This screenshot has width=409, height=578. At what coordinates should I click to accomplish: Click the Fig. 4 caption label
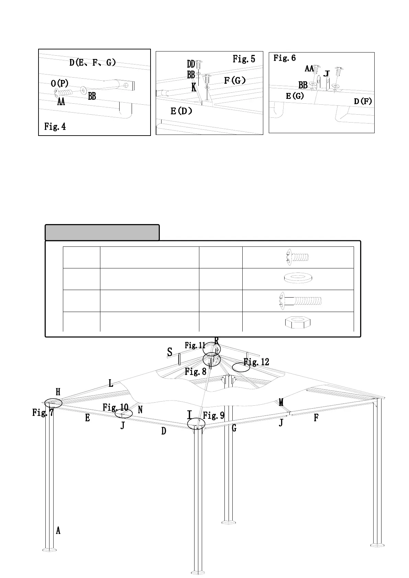pyautogui.click(x=55, y=127)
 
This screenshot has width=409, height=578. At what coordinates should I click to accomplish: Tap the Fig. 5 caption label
pyautogui.click(x=244, y=59)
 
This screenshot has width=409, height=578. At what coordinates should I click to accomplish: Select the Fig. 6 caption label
pyautogui.click(x=284, y=58)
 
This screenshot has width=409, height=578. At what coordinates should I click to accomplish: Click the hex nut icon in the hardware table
pyautogui.click(x=298, y=322)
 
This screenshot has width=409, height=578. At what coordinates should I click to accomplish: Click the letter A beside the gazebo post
pyautogui.click(x=58, y=531)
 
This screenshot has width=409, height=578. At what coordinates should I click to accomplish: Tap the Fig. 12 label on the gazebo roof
pyautogui.click(x=256, y=362)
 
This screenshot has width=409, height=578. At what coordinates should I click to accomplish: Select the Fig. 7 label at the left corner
pyautogui.click(x=43, y=412)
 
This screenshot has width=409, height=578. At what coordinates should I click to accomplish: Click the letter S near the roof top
pyautogui.click(x=169, y=352)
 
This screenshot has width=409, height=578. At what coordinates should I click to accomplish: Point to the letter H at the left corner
pyautogui.click(x=58, y=392)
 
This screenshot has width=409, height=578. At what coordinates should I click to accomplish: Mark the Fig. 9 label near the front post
pyautogui.click(x=213, y=416)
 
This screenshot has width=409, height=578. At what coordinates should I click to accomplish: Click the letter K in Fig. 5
pyautogui.click(x=194, y=88)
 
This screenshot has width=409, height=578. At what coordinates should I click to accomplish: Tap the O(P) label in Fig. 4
pyautogui.click(x=59, y=83)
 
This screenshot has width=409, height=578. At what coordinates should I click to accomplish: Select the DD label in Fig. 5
pyautogui.click(x=191, y=64)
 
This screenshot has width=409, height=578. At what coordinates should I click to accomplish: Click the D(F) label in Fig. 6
pyautogui.click(x=363, y=101)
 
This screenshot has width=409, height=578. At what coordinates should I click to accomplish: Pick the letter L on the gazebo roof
pyautogui.click(x=111, y=383)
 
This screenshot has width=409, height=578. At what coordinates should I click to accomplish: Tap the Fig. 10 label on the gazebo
pyautogui.click(x=115, y=407)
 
